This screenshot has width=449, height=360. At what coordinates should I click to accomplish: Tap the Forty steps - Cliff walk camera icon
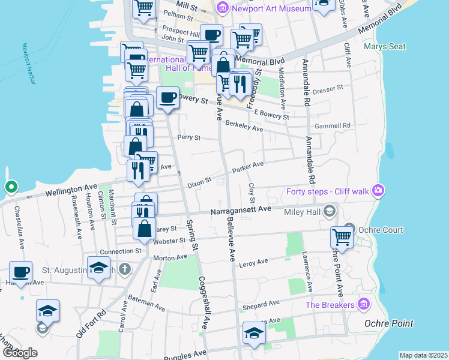378,191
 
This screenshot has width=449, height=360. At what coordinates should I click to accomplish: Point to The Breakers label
330,305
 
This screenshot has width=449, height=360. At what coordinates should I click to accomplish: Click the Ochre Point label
389,323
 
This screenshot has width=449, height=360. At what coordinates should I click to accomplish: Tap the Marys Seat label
385,46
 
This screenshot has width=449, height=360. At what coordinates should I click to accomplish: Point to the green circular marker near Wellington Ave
11,187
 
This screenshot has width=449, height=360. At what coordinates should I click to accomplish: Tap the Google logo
19,353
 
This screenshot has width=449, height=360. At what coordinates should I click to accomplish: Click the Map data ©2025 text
423,355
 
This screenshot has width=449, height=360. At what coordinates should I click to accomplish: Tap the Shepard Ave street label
261,305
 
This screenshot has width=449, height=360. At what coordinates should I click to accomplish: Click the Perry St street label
188,137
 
